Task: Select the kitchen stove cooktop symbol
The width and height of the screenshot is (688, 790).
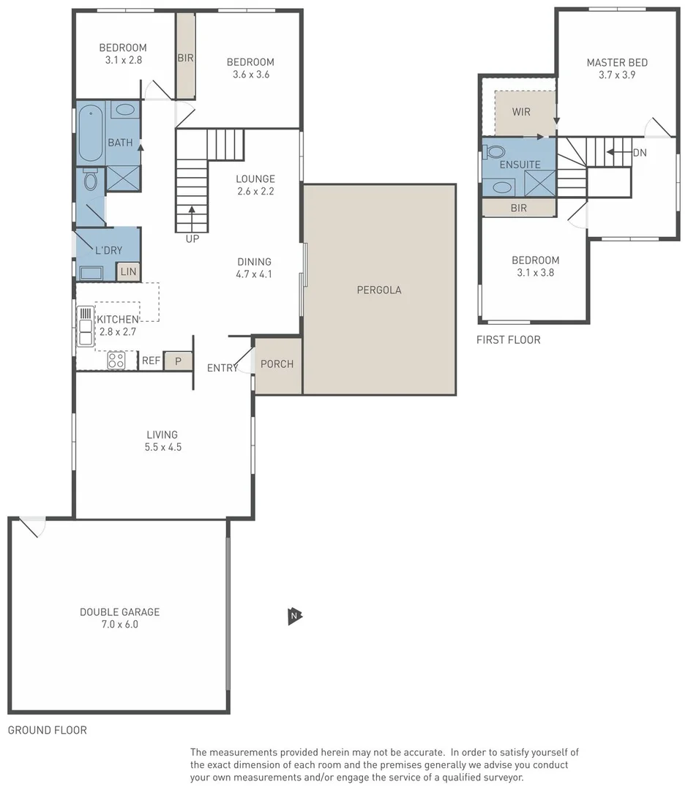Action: [116, 360]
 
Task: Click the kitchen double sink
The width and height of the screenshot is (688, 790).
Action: [85, 326]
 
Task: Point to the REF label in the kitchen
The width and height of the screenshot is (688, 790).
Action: [151, 361]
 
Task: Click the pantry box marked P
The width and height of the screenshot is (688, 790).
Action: [178, 361]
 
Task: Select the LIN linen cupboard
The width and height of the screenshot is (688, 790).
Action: [128, 271]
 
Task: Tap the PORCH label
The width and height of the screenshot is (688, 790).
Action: [277, 364]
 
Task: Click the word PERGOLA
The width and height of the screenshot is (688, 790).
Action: [378, 290]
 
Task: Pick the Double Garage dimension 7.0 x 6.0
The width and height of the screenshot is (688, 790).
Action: [119, 625]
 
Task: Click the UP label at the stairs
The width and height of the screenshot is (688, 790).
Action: [192, 238]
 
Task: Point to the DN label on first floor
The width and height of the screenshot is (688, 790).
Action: [639, 153]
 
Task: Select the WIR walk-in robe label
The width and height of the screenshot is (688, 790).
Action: [521, 112]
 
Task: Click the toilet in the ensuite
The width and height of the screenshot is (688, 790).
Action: [496, 152]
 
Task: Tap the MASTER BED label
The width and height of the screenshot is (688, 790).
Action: [616, 63]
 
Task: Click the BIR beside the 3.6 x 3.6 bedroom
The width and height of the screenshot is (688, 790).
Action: [185, 57]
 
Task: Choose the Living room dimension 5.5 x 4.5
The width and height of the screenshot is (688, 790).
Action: [163, 446]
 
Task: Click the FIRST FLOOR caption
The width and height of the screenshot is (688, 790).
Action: [508, 339]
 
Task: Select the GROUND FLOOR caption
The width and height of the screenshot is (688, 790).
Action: [47, 730]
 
